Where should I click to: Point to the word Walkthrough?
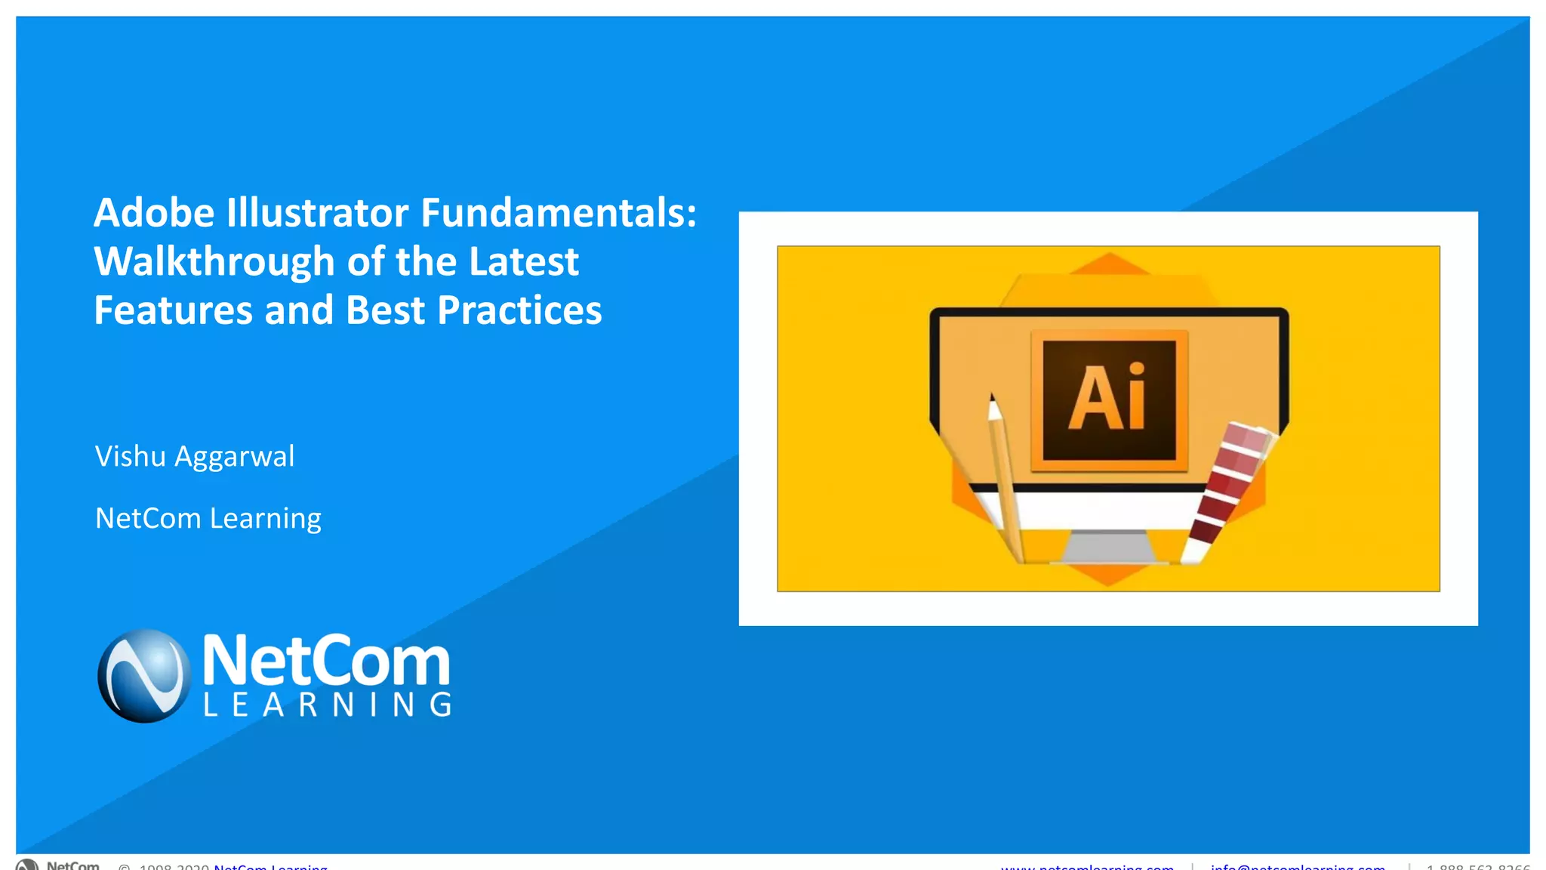[x=214, y=262]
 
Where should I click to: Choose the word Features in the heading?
[x=173, y=310]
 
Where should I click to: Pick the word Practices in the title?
[x=519, y=310]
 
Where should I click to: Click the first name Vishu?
[x=130, y=457]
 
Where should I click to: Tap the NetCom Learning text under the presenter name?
[x=208, y=519]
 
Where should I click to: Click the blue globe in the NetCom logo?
[x=143, y=676]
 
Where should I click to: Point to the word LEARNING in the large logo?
[x=328, y=705]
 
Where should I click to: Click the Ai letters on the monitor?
[x=1107, y=398]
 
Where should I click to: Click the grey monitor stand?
[x=1108, y=546]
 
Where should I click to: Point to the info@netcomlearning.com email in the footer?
[x=1298, y=866]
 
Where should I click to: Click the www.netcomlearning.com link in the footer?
[x=1087, y=866]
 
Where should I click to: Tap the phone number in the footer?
[x=1477, y=866]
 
